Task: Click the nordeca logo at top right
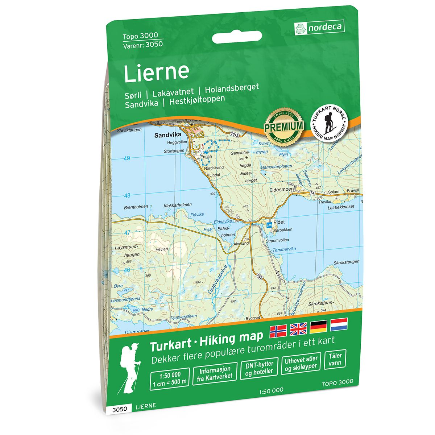coord(319,27)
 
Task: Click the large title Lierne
coord(156,72)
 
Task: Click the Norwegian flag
coord(278,330)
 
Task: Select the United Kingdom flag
coord(298,328)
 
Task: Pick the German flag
coord(318,327)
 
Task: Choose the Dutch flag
coord(339,324)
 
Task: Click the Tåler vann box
coord(335,359)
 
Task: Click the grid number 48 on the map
coord(127,196)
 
